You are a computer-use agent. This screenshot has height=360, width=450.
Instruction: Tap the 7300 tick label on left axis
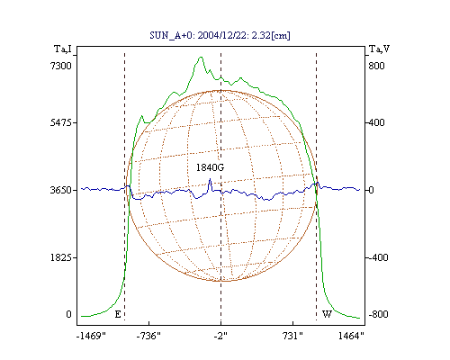[61, 66]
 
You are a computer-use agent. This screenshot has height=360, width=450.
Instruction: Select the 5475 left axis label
[61, 122]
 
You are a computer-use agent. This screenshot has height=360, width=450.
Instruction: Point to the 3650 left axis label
[61, 190]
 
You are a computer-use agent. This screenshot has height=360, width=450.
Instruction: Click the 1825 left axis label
[61, 257]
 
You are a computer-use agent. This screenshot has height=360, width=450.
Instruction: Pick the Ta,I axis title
[63, 49]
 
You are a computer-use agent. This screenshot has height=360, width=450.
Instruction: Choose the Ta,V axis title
[379, 49]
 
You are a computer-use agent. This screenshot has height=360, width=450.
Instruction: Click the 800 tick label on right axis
[376, 66]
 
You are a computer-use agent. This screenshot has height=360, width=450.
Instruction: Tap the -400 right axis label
[379, 257]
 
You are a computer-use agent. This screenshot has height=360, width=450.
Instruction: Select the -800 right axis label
[379, 314]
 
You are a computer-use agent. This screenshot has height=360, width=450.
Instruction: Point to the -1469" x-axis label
[91, 336]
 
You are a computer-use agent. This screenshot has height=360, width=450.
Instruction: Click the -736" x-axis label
[148, 336]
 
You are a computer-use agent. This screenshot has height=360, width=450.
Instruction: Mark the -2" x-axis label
[220, 336]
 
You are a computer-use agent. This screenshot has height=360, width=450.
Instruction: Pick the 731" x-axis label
[292, 336]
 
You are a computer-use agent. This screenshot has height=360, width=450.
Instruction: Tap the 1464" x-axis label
[351, 336]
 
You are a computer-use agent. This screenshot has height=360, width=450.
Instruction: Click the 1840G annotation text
[210, 167]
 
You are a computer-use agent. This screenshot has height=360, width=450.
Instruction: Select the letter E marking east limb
[118, 314]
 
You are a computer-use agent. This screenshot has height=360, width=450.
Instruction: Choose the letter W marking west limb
[327, 314]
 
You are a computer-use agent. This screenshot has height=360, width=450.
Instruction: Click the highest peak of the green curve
[201, 57]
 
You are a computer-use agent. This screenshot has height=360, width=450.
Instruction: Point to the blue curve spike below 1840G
[210, 179]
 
